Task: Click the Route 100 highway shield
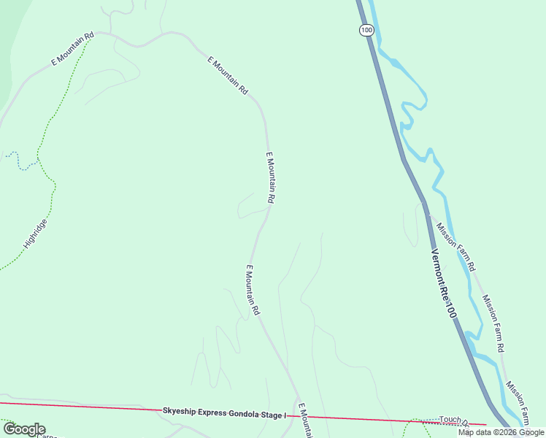click(366, 30)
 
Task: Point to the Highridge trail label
click(35, 234)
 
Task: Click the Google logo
click(23, 429)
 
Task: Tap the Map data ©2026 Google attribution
click(501, 432)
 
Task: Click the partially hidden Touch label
click(453, 420)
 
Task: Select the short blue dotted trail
click(22, 162)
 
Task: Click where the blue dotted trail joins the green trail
click(37, 158)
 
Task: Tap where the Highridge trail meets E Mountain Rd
click(92, 37)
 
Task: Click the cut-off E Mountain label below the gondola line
click(306, 422)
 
